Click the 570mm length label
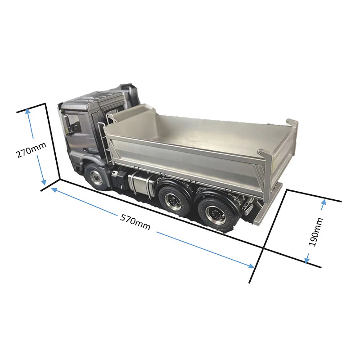135,222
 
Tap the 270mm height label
31,150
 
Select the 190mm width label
316,232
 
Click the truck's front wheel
95,176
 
